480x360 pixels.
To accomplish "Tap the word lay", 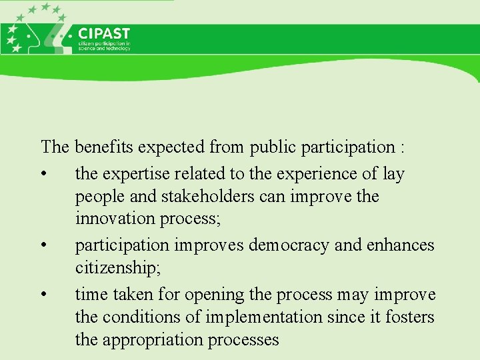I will [393, 174].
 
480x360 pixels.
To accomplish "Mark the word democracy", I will [289, 245].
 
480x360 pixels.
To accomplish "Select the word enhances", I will [400, 245].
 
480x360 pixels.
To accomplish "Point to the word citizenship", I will [114, 268].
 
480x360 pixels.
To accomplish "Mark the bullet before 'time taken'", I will [43, 295].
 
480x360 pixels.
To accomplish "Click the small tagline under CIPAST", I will [104, 45].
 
